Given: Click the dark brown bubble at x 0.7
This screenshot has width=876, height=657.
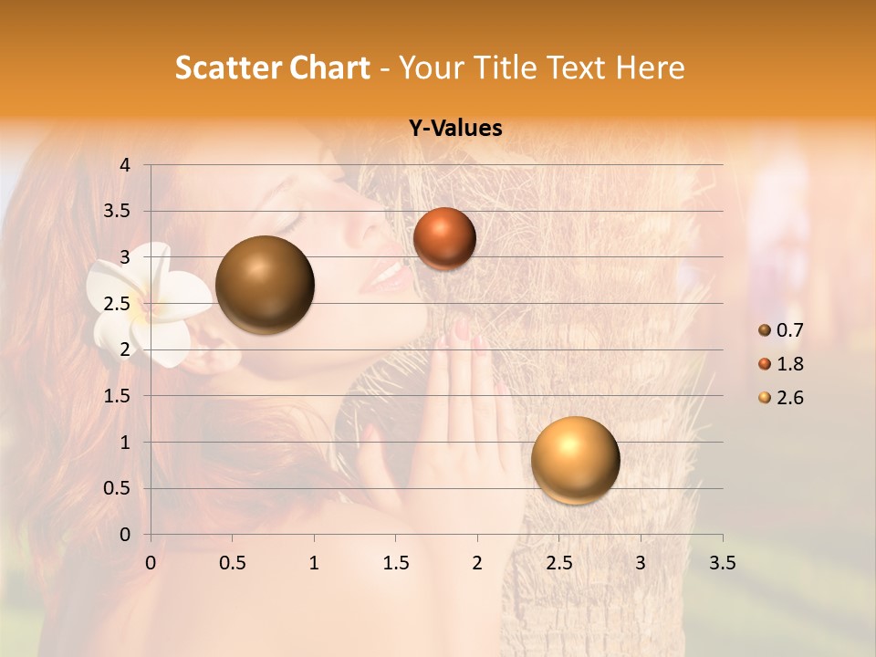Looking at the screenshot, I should click(265, 285).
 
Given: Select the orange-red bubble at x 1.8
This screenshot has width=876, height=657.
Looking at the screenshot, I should click(444, 238).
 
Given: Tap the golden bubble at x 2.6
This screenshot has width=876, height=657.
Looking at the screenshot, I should click(575, 460).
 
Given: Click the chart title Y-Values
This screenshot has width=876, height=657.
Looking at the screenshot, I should click(454, 129).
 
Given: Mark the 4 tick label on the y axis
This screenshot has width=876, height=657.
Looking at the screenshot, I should click(125, 165).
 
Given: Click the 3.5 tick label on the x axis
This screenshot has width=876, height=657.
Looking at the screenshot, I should click(722, 562).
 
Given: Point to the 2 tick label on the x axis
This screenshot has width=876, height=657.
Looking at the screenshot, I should click(477, 562).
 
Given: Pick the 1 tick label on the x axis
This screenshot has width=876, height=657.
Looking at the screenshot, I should click(314, 562).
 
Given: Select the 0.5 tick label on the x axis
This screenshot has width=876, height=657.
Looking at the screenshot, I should click(232, 562).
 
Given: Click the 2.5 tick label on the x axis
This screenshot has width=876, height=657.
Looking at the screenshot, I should click(558, 562).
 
